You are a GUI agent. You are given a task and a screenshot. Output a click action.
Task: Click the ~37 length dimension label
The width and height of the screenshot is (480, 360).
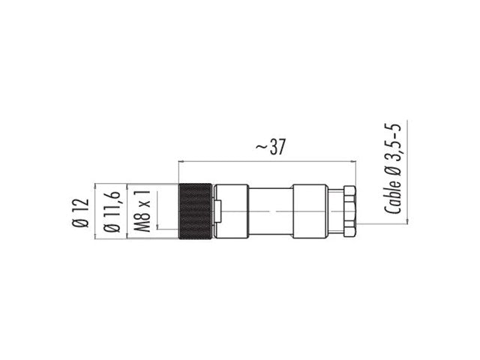coord(270,147)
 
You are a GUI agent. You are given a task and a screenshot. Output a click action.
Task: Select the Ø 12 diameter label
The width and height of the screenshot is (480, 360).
coord(80,213)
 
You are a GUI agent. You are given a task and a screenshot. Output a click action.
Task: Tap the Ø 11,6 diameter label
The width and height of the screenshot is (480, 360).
coord(112,211)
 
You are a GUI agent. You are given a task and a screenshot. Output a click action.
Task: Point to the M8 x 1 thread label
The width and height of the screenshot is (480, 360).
coord(142,211)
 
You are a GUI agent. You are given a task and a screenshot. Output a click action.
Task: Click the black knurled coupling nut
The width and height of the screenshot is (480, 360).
coord(195,211)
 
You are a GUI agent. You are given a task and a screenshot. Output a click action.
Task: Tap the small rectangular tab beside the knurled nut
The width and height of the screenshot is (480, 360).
coord(218,211)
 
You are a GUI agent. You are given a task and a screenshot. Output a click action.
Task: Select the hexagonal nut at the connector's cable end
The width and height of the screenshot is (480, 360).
coord(349,211)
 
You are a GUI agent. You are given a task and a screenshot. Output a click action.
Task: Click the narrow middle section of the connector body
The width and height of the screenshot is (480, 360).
coord(271,211)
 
